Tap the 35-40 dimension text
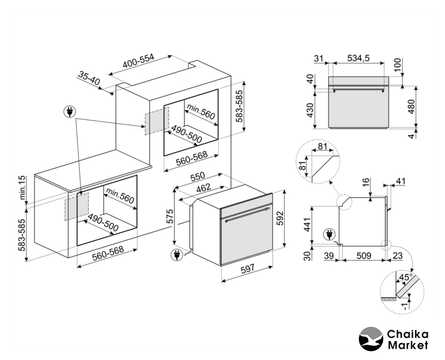coord(89,78)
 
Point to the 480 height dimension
coord(411,106)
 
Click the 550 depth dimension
coord(197,177)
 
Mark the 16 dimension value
coord(366,183)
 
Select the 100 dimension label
coord(398,64)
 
